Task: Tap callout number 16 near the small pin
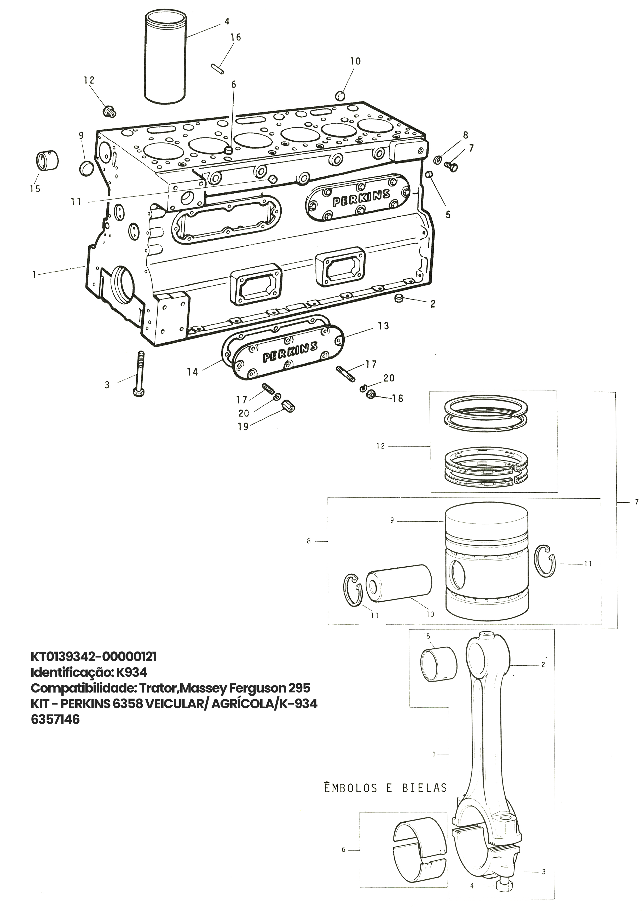coord(236,37)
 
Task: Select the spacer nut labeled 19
coord(288,407)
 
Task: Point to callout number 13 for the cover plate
coord(383,326)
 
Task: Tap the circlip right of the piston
coord(546,561)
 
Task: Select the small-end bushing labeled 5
coord(438,664)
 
